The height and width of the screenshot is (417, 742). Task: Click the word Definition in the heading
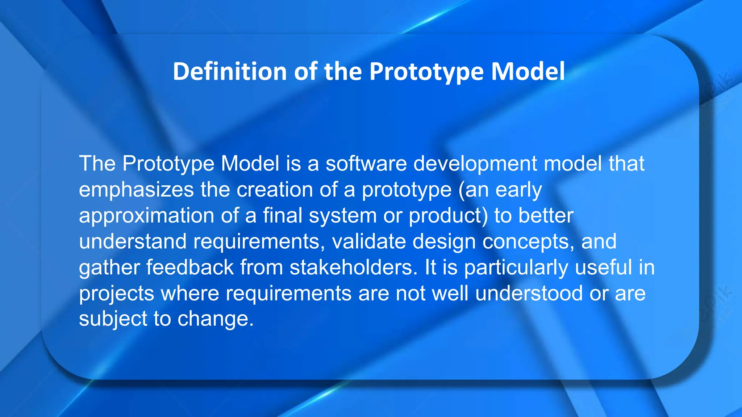click(230, 71)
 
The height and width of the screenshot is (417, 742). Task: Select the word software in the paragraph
click(366, 164)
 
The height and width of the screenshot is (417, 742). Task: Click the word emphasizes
click(136, 190)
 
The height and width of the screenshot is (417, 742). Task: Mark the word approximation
click(147, 216)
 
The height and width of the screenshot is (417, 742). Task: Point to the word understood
click(529, 293)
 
